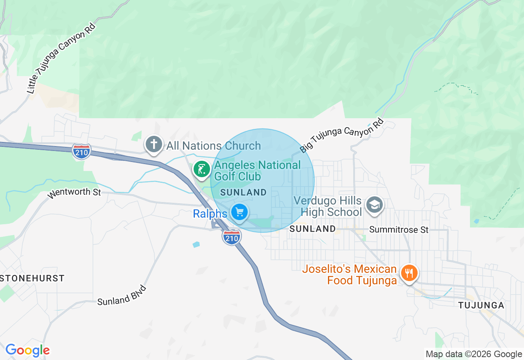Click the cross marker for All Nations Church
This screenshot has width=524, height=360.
pyautogui.click(x=154, y=144)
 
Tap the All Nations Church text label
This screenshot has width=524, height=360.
pyautogui.click(x=213, y=146)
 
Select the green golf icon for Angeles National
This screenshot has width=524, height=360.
pyautogui.click(x=201, y=169)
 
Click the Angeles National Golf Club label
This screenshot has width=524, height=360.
pyautogui.click(x=257, y=171)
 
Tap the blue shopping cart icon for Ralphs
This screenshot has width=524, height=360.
pyautogui.click(x=239, y=212)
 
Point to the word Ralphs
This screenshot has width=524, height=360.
pyautogui.click(x=210, y=214)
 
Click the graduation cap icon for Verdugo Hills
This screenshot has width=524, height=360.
pyautogui.click(x=374, y=204)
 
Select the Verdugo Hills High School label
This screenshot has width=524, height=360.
pyautogui.click(x=331, y=207)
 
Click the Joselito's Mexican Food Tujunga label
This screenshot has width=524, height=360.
pyautogui.click(x=350, y=274)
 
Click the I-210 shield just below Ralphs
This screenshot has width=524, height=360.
pyautogui.click(x=232, y=237)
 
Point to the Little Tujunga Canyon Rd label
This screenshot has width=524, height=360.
pyautogui.click(x=61, y=59)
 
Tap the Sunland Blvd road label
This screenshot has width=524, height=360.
pyautogui.click(x=122, y=295)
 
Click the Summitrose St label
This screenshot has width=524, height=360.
pyautogui.click(x=399, y=230)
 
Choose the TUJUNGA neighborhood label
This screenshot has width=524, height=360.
pyautogui.click(x=481, y=305)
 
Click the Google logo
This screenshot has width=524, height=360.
pyautogui.click(x=27, y=350)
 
